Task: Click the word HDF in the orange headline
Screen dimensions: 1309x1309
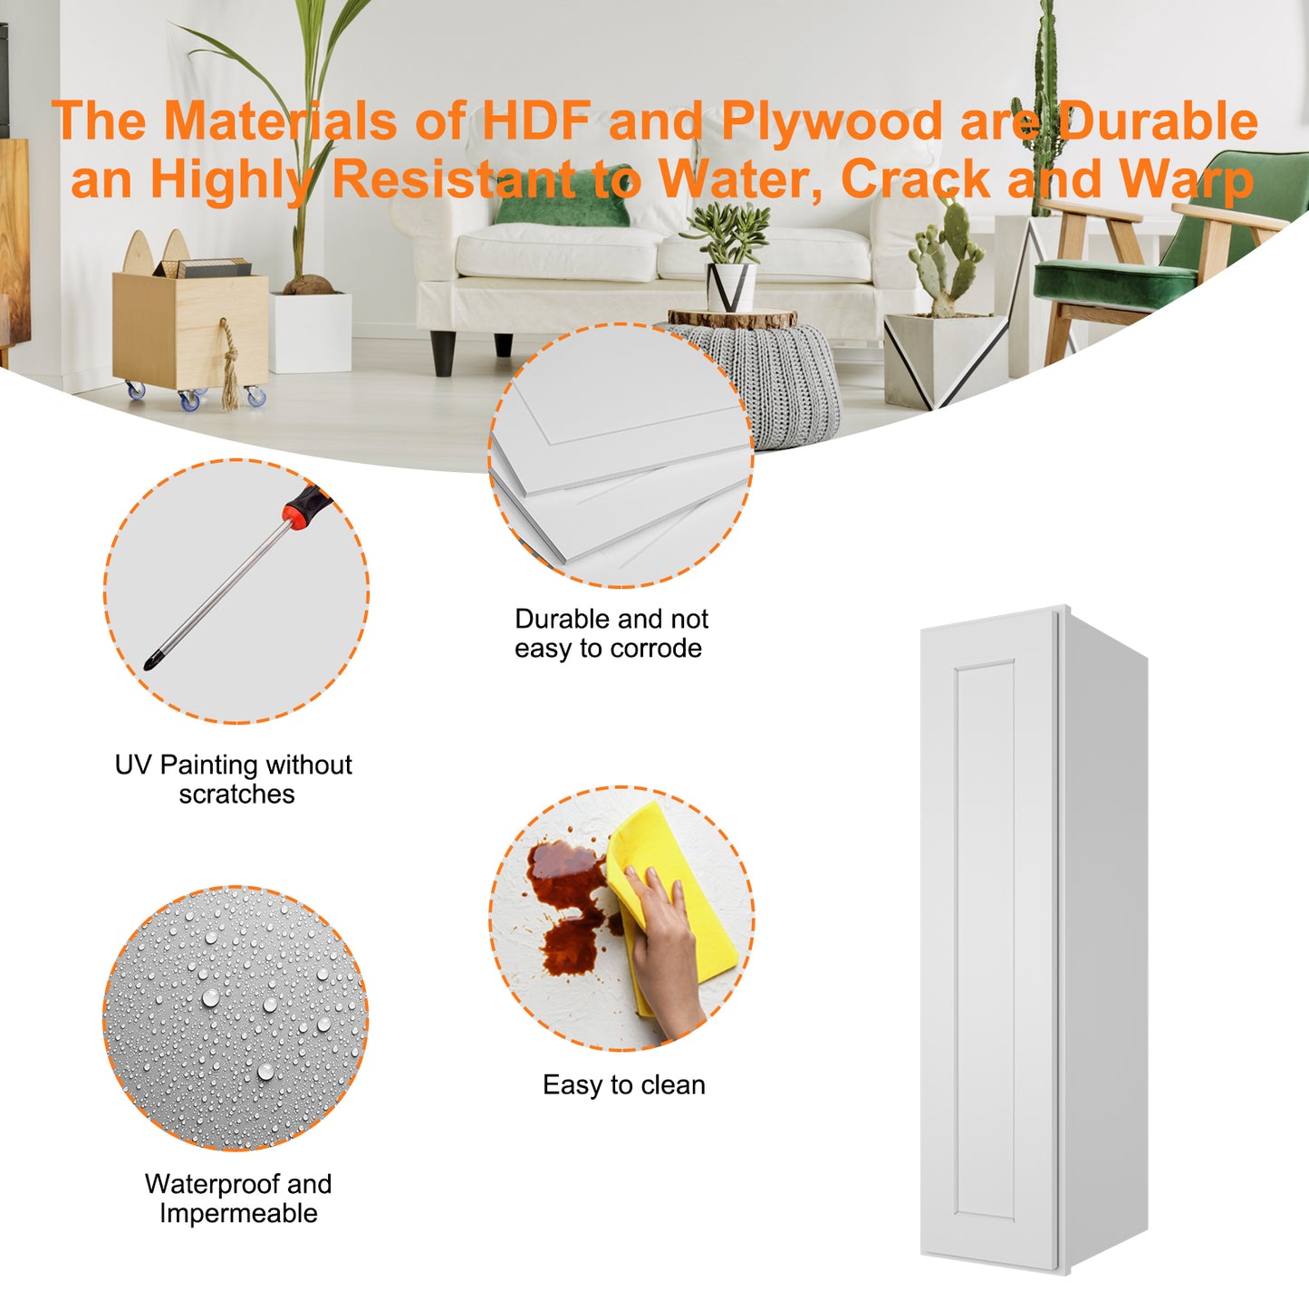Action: click(536, 120)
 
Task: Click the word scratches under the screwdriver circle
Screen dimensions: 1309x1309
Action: click(236, 794)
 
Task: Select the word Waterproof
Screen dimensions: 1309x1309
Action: click(213, 1184)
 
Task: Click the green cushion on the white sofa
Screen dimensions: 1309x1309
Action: click(563, 197)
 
